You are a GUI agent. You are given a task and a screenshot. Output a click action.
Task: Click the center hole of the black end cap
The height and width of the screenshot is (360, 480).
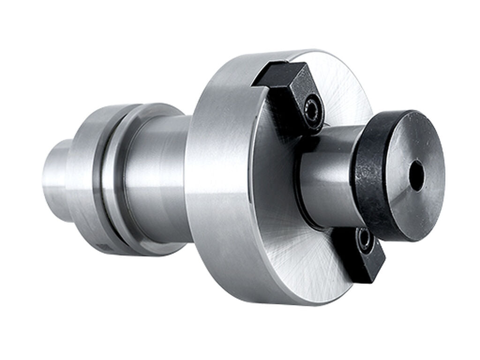[416, 176]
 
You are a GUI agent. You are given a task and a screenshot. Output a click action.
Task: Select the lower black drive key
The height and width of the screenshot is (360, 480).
[361, 253]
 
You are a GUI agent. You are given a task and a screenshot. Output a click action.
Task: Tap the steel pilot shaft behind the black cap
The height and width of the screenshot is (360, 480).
[328, 178]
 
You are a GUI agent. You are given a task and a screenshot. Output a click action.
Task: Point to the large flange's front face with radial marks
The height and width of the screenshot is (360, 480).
[300, 244]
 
